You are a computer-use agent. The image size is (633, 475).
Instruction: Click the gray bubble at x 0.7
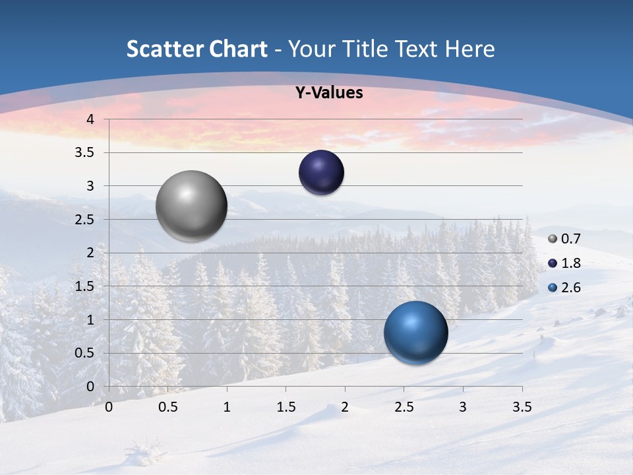pos(192,206)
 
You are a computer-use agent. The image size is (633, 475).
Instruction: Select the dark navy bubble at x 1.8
pos(321,172)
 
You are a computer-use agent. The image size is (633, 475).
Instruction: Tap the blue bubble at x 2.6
pos(415,332)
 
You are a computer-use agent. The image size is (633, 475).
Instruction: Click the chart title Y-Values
pos(328,93)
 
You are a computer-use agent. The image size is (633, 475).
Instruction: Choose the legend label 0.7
pos(570,239)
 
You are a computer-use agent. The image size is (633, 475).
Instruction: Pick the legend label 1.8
pos(570,263)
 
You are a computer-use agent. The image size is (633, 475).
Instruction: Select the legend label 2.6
pos(570,288)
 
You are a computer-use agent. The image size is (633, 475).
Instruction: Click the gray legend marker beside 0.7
pos(553,239)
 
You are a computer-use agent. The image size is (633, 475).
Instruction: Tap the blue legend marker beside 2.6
pos(553,288)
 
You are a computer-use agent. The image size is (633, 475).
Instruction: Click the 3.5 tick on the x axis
pos(522,407)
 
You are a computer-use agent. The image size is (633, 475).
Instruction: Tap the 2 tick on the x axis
pos(345,407)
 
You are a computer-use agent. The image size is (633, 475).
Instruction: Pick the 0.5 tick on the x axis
pos(167,407)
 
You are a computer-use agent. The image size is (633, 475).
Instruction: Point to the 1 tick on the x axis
pos(227,407)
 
